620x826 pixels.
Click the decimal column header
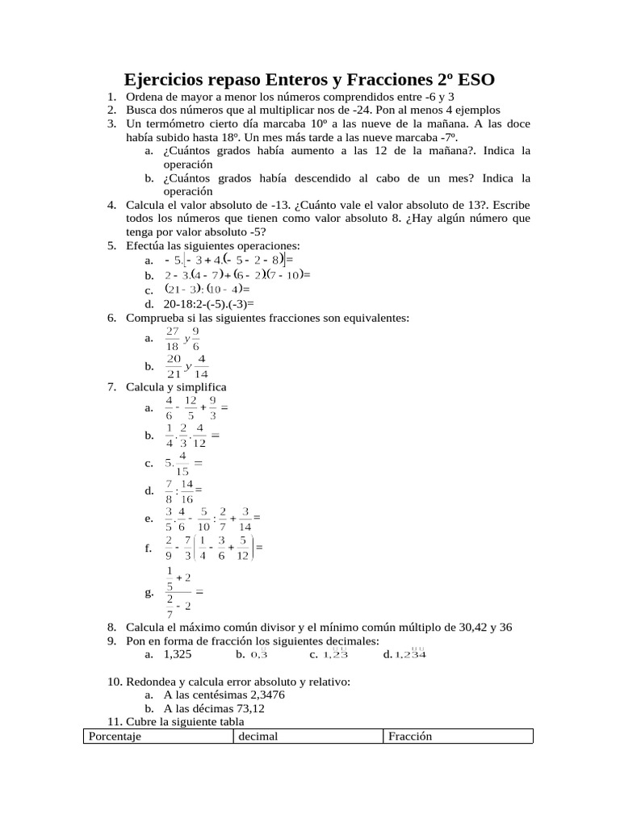click(x=258, y=736)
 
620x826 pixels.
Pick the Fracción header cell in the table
click(x=410, y=736)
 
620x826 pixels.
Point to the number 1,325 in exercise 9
click(x=178, y=654)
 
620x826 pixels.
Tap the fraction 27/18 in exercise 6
click(x=172, y=339)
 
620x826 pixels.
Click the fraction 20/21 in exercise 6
click(x=173, y=366)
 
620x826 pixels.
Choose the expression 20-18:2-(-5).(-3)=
click(x=208, y=304)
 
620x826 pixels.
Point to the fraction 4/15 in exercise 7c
click(x=182, y=463)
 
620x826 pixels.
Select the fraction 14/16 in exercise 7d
click(x=187, y=490)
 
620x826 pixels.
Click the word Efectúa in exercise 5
click(x=147, y=246)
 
